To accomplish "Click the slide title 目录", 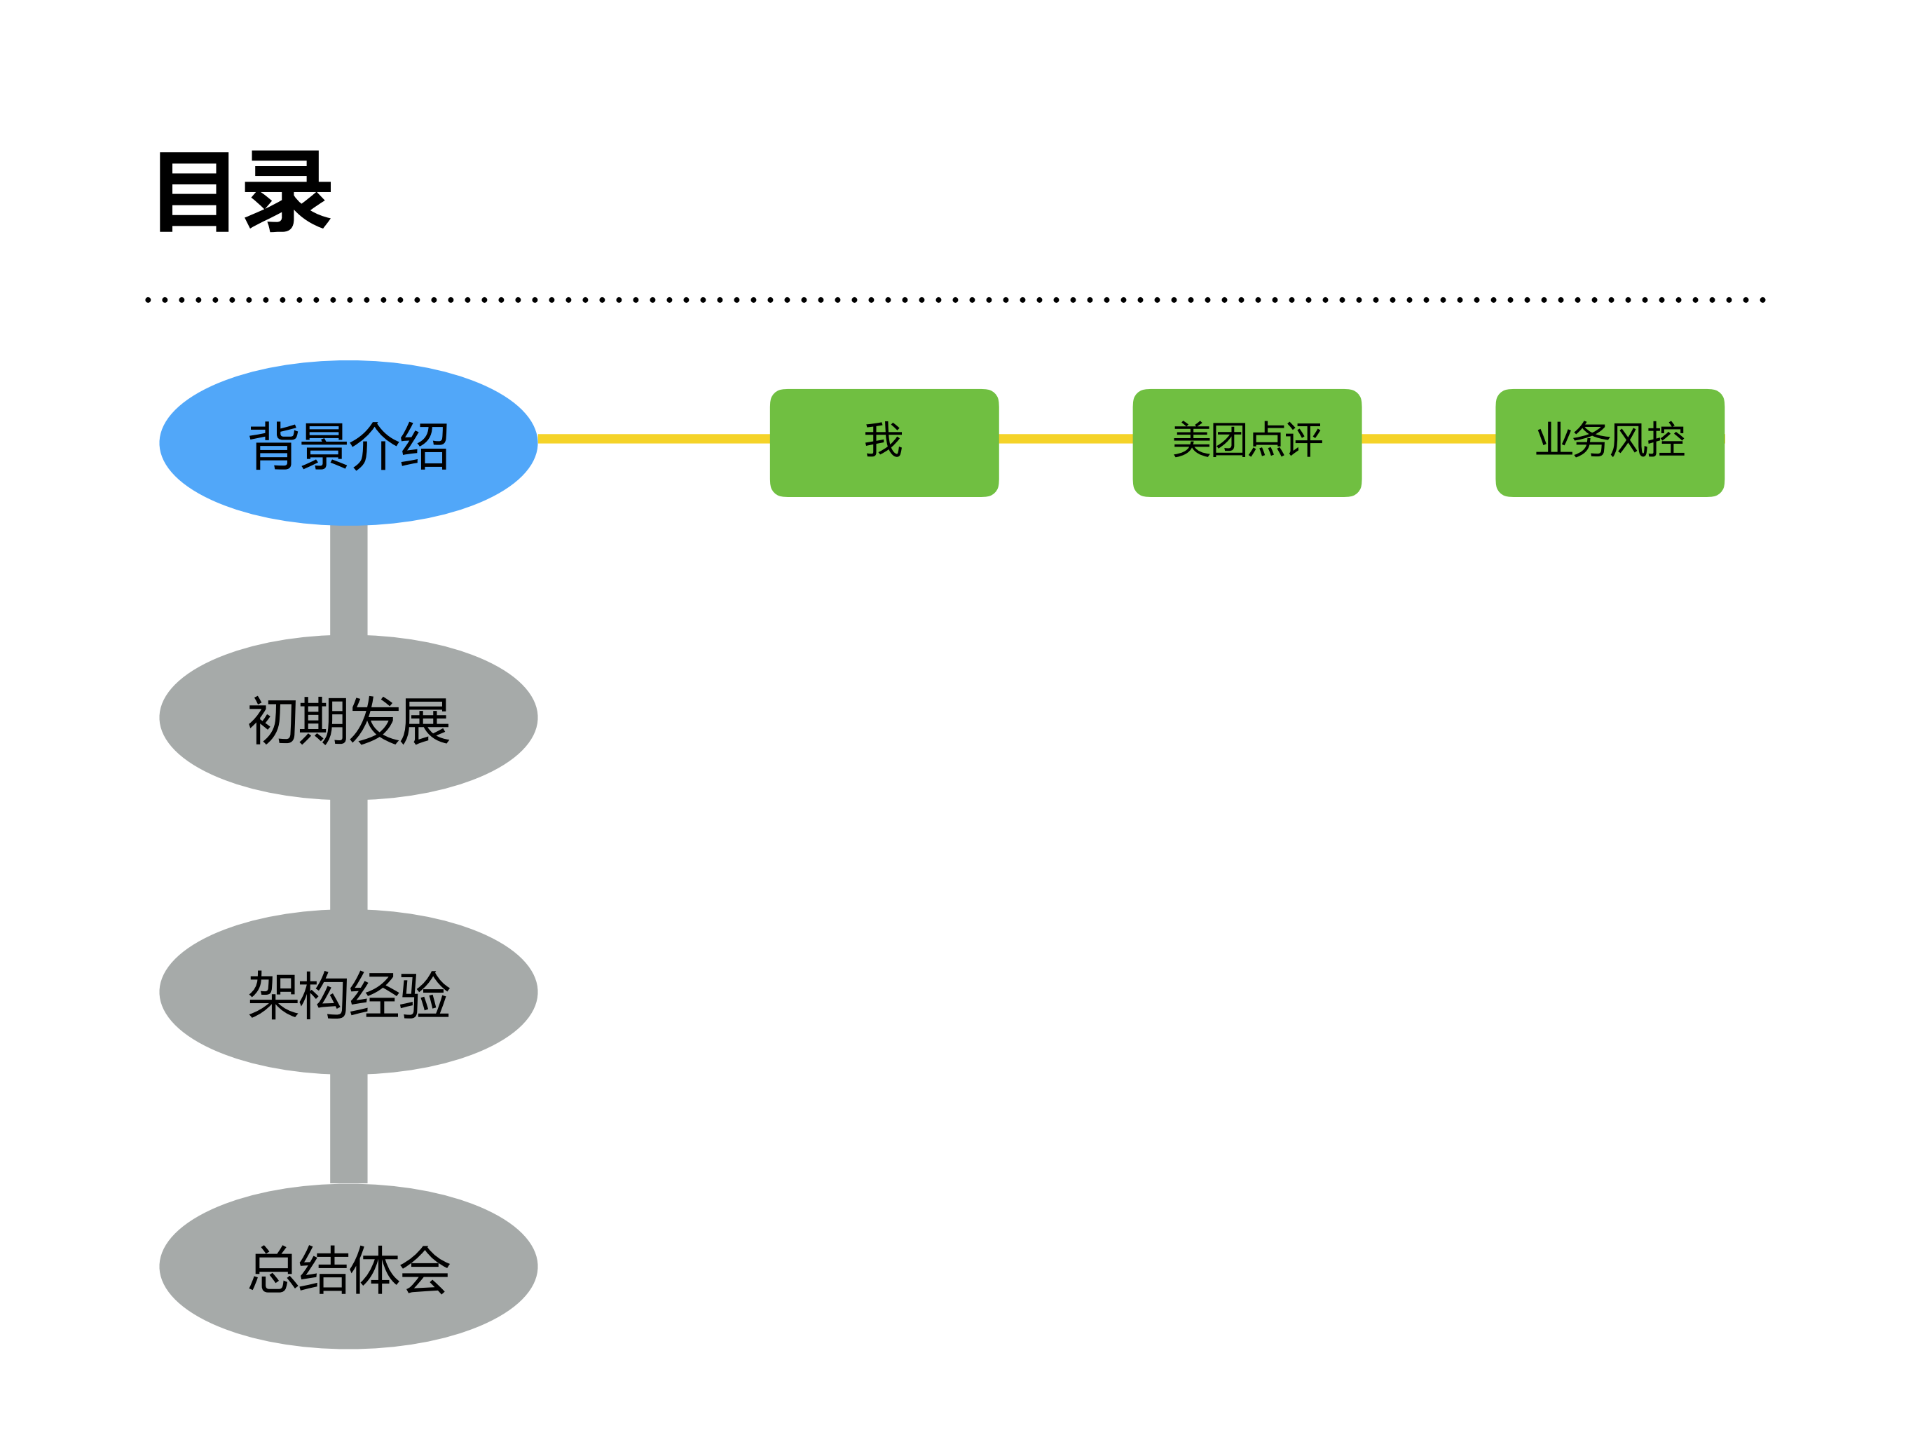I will click(x=244, y=191).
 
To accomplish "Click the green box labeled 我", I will click(x=884, y=443).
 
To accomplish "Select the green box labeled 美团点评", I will click(x=1247, y=443).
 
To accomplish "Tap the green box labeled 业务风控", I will click(x=1610, y=443).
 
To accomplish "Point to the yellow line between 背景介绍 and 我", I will click(x=654, y=439).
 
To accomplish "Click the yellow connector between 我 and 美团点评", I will click(x=1066, y=439).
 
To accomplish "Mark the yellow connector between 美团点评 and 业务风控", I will click(x=1429, y=439).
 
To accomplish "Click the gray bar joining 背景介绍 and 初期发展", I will click(x=348, y=580).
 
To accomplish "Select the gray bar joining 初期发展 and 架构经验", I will click(x=348, y=855).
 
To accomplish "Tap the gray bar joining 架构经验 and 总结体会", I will click(x=348, y=1129).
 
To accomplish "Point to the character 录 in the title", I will click(x=288, y=191).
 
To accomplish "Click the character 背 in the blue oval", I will click(x=273, y=447).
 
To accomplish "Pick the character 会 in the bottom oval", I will click(x=425, y=1269).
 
